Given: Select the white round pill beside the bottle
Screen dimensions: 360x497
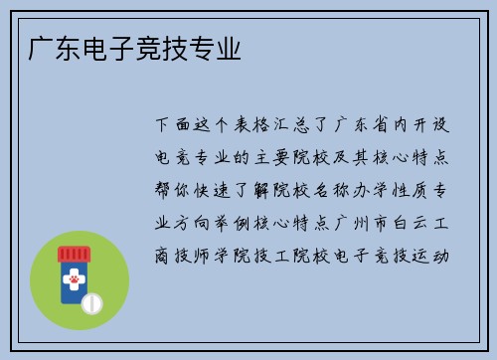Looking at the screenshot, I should point(91,302).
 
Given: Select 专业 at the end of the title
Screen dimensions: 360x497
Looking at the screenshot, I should point(218,47).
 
